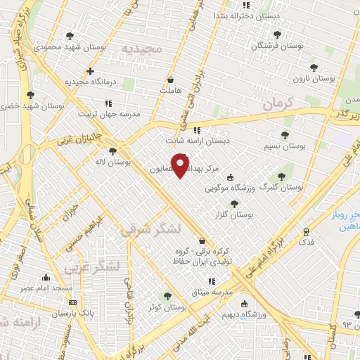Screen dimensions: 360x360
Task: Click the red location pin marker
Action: (x=181, y=165)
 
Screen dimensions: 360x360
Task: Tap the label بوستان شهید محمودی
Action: (x=68, y=47)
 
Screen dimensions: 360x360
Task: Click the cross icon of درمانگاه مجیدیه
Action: (x=90, y=71)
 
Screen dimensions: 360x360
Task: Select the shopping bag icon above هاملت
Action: (x=171, y=79)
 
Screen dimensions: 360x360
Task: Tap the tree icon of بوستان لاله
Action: (x=112, y=151)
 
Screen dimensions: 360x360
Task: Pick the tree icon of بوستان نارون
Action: (x=314, y=68)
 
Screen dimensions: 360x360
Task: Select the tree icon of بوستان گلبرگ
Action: (x=281, y=176)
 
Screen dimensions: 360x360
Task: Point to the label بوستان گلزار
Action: (x=234, y=214)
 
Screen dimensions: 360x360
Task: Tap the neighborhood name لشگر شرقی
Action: (x=151, y=230)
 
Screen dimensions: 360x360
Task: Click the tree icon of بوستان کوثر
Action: (x=167, y=297)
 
